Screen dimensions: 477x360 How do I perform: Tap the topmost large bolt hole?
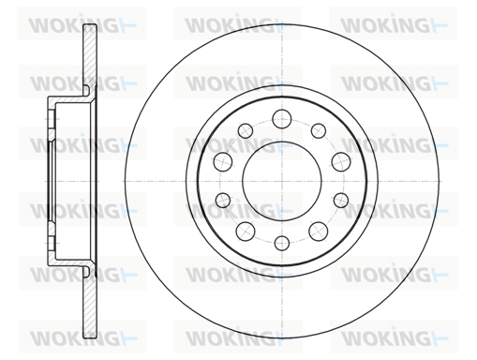coord(282,119)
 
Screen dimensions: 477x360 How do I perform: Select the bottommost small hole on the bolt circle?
coord(282,243)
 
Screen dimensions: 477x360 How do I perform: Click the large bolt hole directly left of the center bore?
coord(223,161)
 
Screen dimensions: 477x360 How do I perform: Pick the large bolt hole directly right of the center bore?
coord(341,162)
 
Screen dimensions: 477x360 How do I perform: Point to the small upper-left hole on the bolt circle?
coord(246,130)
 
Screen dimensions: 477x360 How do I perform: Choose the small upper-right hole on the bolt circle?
coord(319,130)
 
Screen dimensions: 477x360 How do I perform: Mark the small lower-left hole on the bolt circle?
coord(223,200)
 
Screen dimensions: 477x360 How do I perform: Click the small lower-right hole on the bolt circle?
coord(341,200)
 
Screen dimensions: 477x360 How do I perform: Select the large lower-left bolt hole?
coord(246,232)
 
